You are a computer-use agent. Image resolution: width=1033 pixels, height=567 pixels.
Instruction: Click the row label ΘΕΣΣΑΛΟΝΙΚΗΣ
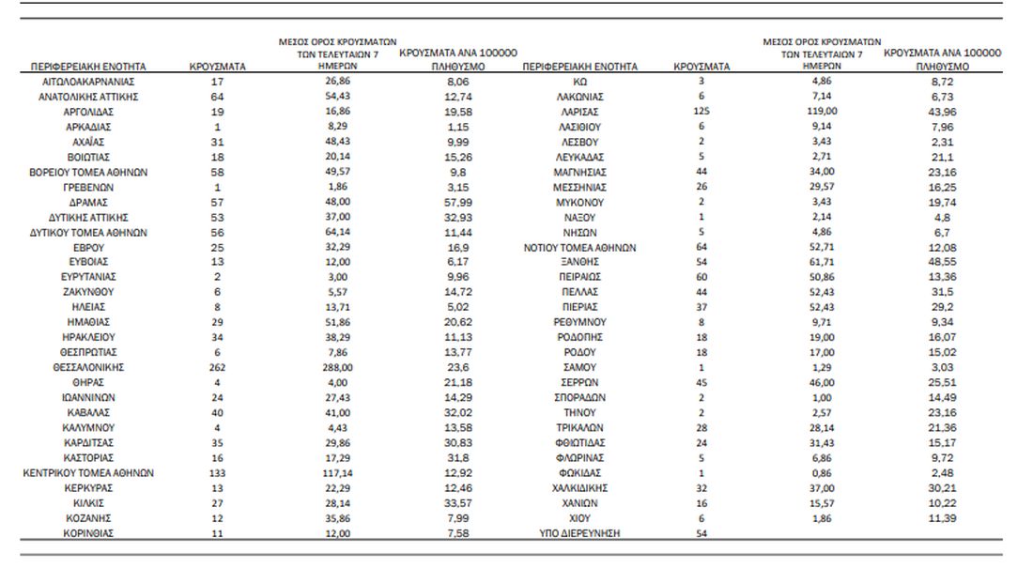tap(88, 367)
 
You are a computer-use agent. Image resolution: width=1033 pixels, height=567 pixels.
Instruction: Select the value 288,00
tap(337, 367)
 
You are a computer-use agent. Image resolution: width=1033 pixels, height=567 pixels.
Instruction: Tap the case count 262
tap(218, 367)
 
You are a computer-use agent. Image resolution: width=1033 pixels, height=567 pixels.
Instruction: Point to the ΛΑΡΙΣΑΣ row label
tap(579, 112)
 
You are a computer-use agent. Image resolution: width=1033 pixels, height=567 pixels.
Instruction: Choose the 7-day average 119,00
tap(822, 112)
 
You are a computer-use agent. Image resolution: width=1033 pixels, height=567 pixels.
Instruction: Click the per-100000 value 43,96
tap(942, 112)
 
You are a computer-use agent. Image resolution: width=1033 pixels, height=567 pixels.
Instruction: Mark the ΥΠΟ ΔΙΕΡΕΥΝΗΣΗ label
tap(579, 533)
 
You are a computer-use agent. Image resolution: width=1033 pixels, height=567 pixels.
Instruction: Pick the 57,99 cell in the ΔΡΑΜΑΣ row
tap(458, 202)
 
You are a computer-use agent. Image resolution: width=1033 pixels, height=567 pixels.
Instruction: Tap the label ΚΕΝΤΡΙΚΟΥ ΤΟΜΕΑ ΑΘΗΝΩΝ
tap(88, 473)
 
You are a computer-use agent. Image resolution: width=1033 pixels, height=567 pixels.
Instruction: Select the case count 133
tap(218, 473)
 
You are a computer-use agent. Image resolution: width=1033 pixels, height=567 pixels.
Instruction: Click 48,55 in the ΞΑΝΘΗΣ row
tap(942, 262)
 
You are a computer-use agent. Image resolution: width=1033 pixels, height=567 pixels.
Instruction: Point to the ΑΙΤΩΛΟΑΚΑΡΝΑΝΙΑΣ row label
tap(88, 82)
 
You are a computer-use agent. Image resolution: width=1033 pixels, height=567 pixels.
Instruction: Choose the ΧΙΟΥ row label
tap(579, 518)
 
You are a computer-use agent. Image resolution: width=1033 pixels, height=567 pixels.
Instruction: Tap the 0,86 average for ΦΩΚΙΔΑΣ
tap(822, 473)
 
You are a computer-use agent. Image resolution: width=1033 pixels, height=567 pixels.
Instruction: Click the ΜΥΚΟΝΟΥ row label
tap(579, 202)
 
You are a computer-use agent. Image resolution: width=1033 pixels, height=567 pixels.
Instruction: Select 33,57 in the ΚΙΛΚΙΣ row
tap(458, 503)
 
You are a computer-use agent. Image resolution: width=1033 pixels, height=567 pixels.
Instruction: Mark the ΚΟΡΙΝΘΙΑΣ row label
tap(88, 533)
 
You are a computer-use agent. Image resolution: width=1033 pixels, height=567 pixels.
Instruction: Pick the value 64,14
tap(337, 232)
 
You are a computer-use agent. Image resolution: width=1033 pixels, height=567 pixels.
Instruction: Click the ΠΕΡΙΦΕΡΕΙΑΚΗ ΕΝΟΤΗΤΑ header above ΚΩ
tap(579, 67)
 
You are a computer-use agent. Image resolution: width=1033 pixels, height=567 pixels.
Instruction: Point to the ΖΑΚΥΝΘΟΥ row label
tap(88, 292)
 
